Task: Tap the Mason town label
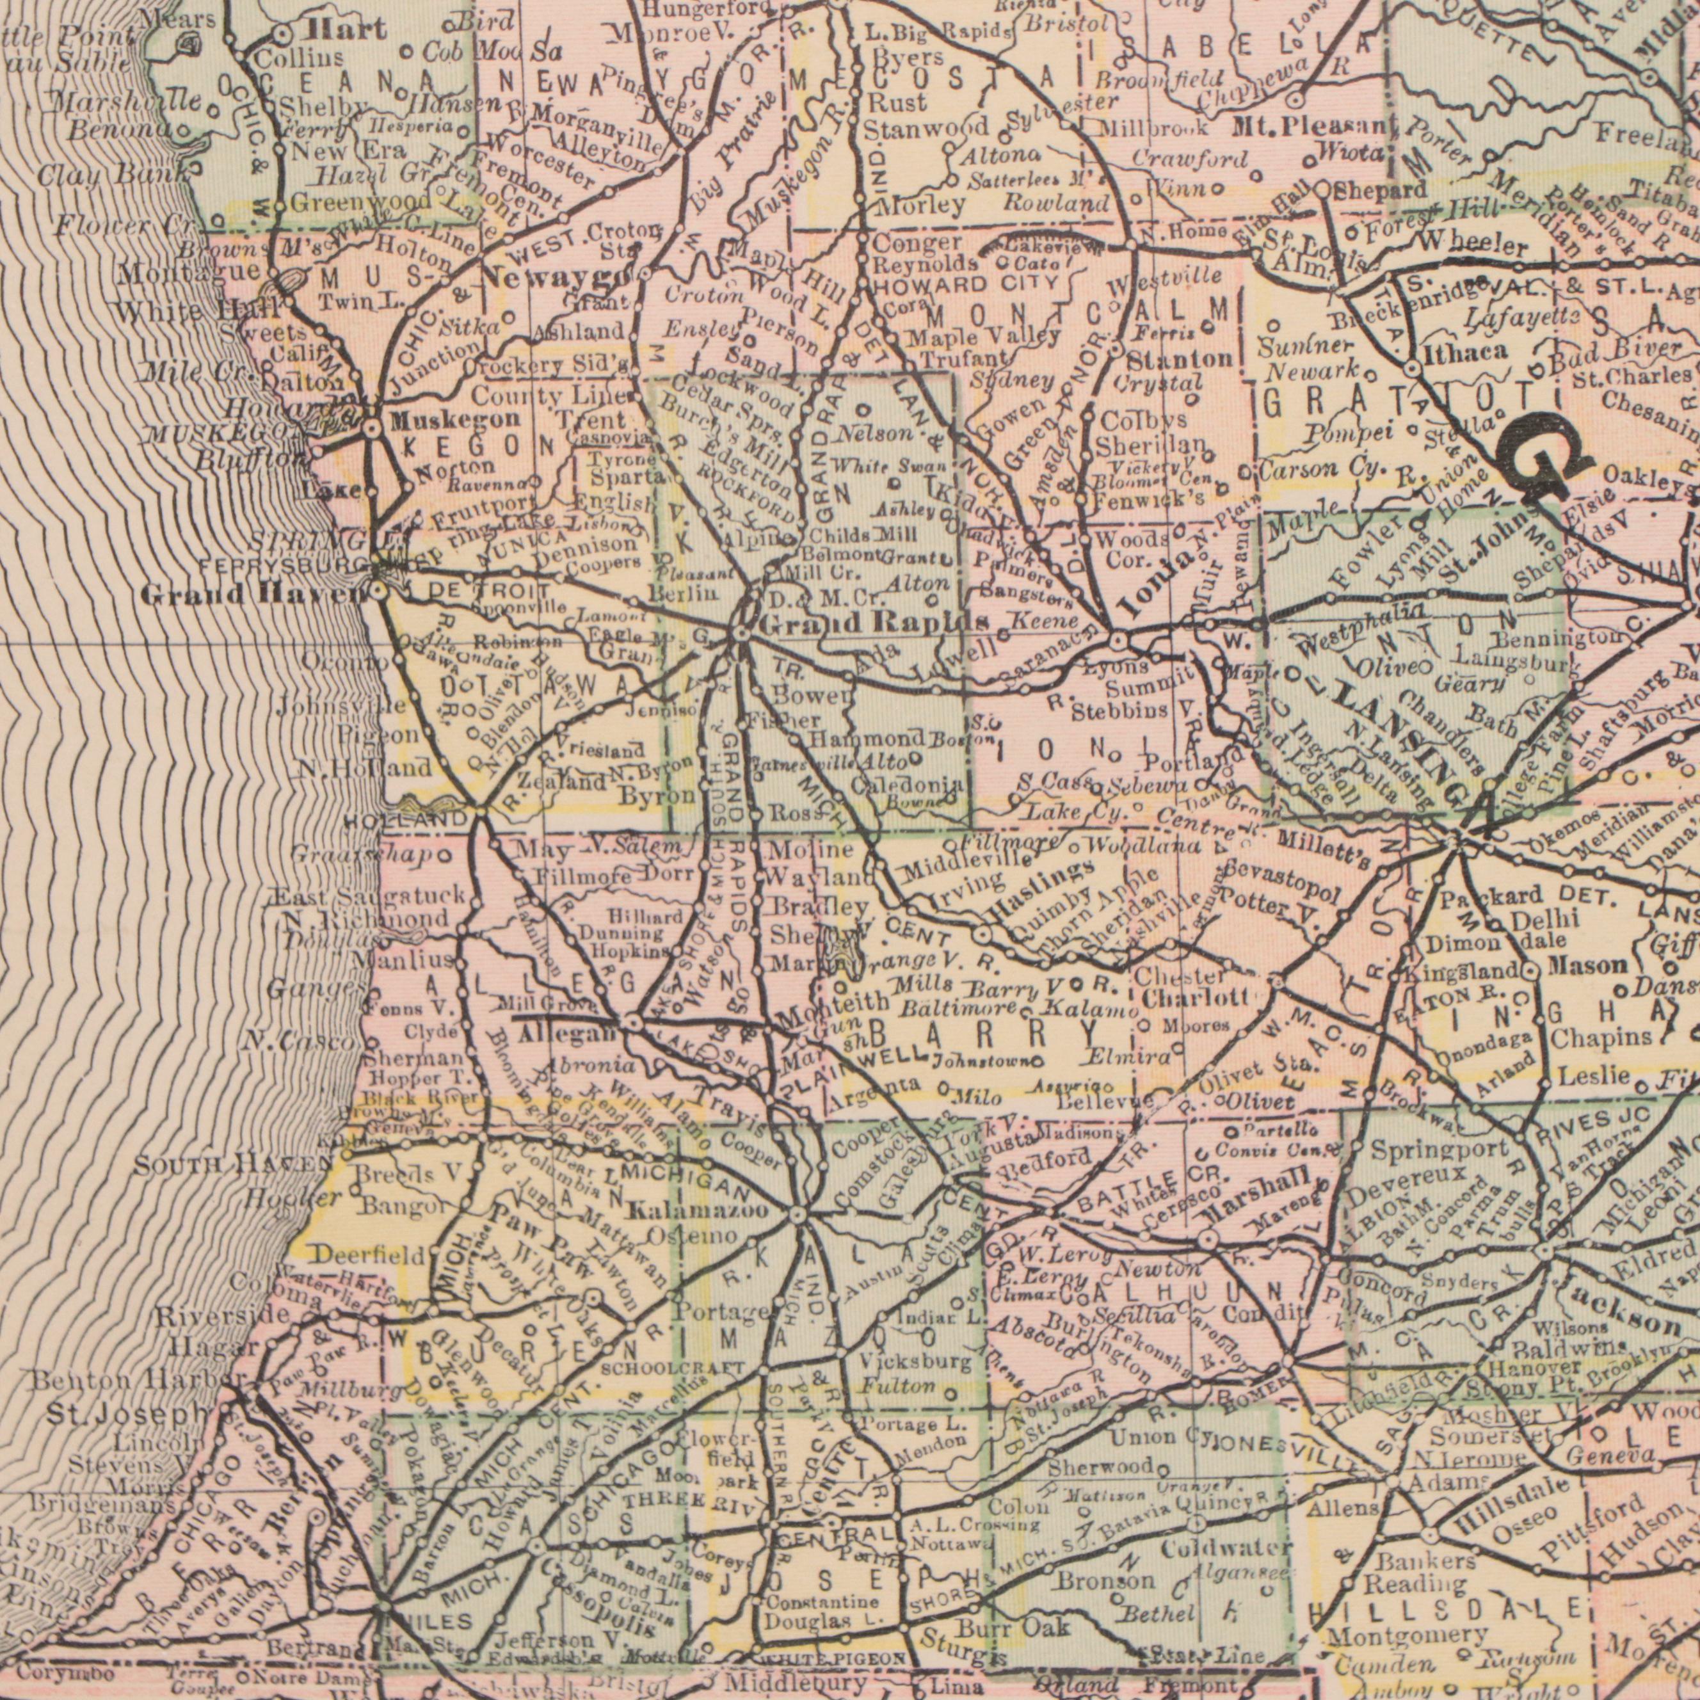1589,966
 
